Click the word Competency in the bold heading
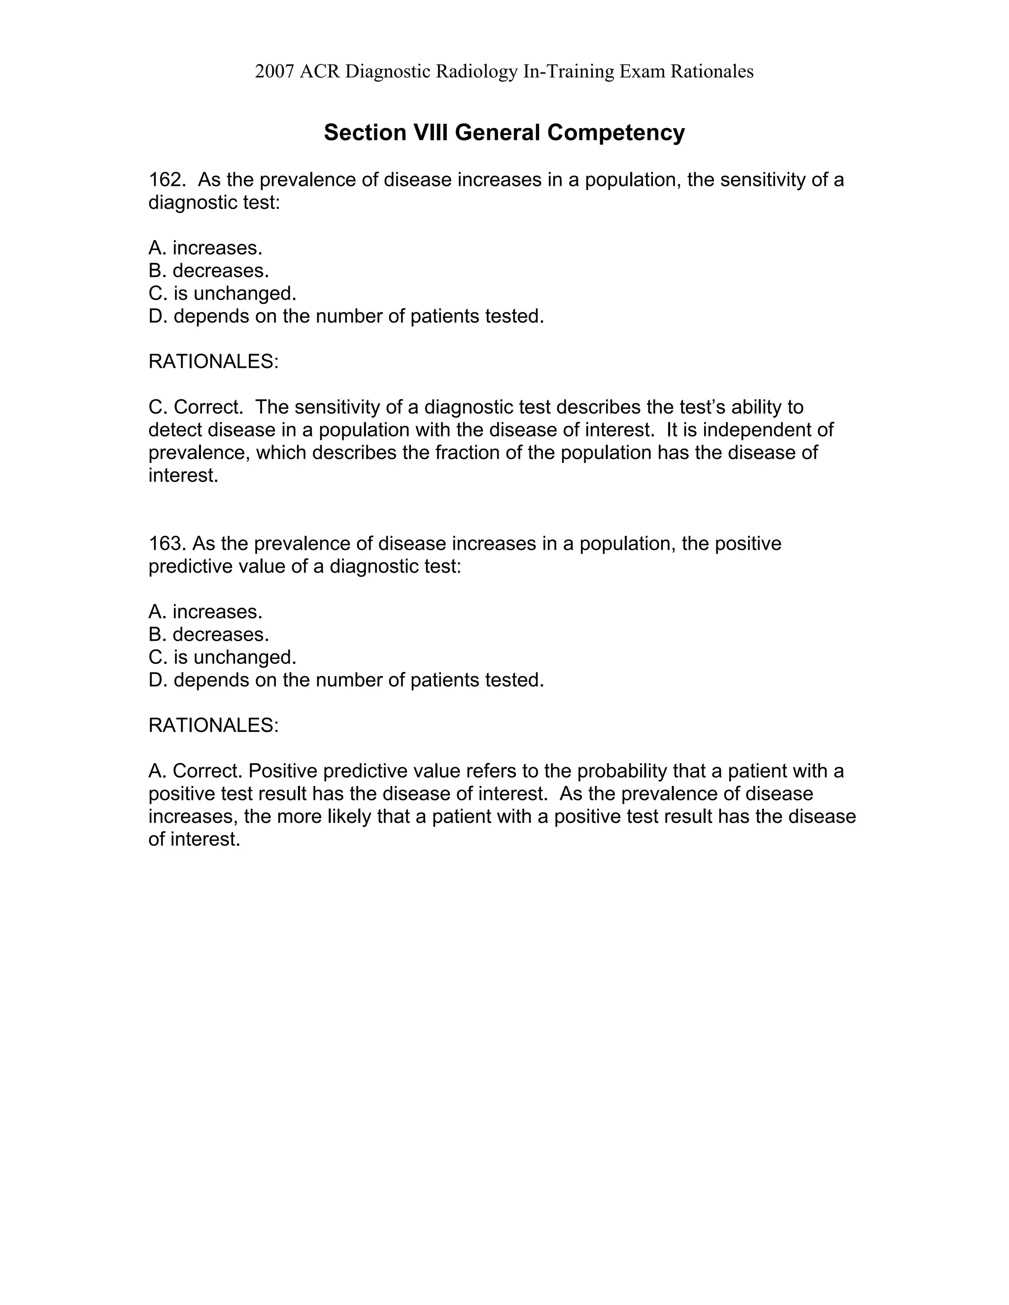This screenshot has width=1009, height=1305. coord(616,132)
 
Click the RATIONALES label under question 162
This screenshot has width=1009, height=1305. coord(213,361)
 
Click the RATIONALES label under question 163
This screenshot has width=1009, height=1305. coord(213,725)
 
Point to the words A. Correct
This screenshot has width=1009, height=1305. coord(196,771)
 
